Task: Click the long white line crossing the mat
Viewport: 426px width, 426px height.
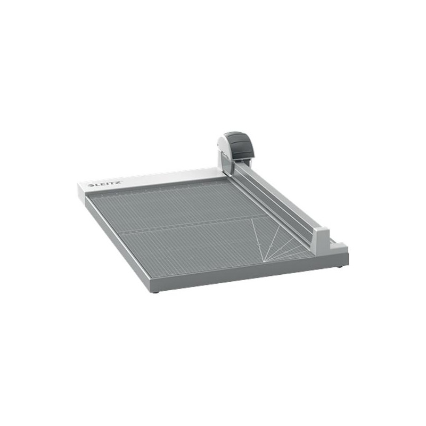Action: point(192,225)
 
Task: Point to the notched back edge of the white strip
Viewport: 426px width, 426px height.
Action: point(160,174)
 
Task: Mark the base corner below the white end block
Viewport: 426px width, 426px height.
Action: point(347,256)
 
